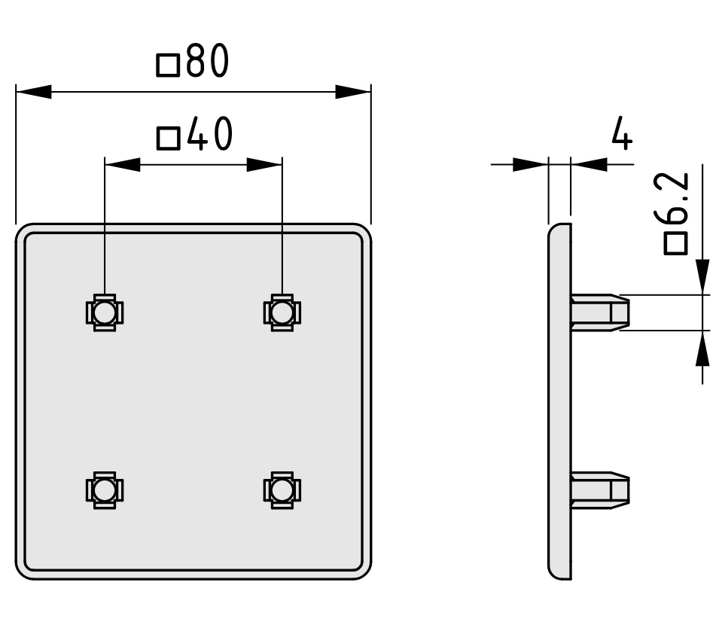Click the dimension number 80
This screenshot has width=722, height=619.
[208, 60]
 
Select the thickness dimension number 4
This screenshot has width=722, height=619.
[622, 133]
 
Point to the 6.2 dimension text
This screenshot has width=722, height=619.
[676, 198]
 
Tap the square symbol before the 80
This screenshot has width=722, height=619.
[168, 65]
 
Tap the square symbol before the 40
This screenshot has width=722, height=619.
[168, 139]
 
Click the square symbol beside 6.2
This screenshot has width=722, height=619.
[675, 244]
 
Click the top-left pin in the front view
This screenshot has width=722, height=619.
[105, 313]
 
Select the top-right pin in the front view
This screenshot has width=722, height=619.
[282, 313]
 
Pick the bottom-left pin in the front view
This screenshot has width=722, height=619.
[105, 490]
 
